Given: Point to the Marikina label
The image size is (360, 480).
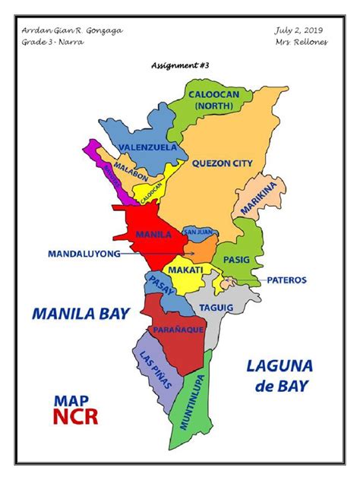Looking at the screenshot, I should pos(252,198).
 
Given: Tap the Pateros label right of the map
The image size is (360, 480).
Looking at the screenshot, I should pos(286,279).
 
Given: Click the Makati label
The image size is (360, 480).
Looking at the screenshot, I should pos(185,270).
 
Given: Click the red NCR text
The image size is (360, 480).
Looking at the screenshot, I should pos(75,415).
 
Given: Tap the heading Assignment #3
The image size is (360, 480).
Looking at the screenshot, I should pos(180,66).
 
